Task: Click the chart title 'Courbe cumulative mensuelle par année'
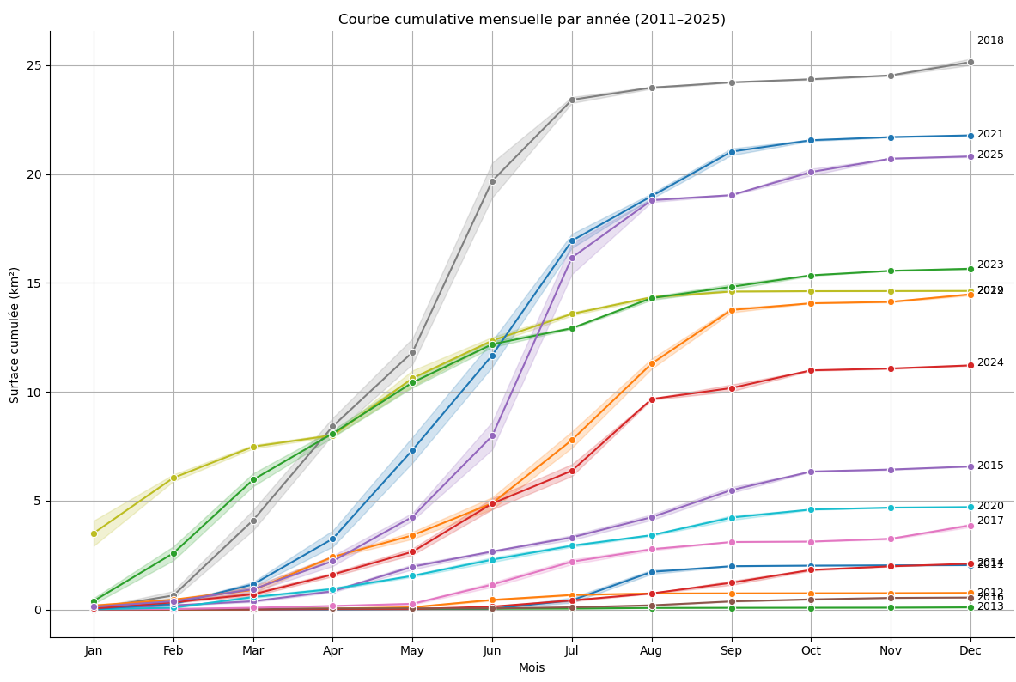click(x=532, y=19)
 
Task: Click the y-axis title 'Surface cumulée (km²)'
click(x=15, y=334)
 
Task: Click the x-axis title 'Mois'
click(x=532, y=667)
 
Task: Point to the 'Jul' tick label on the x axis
click(x=572, y=651)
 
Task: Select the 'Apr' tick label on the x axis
click(x=332, y=651)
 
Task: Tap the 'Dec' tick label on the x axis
click(x=970, y=651)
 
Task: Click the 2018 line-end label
click(x=990, y=40)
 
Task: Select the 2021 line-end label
click(x=990, y=134)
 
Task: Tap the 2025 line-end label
click(x=990, y=155)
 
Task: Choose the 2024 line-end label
click(x=990, y=362)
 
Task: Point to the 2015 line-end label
click(x=990, y=466)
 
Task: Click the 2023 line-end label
click(x=990, y=265)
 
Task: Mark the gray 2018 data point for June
click(x=492, y=181)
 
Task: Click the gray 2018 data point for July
click(x=572, y=100)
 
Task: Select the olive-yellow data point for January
click(x=94, y=533)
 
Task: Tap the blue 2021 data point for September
click(x=732, y=152)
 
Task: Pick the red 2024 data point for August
click(x=652, y=399)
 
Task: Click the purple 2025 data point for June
click(x=492, y=435)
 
